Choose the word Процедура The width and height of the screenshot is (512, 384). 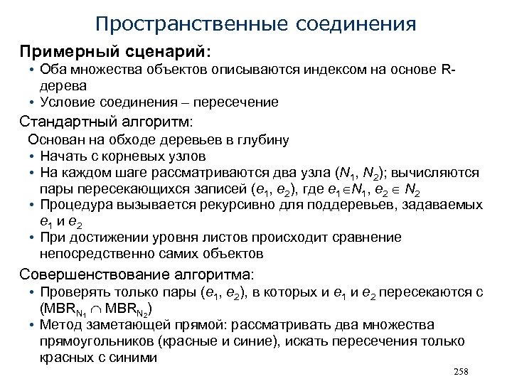click(73, 205)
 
